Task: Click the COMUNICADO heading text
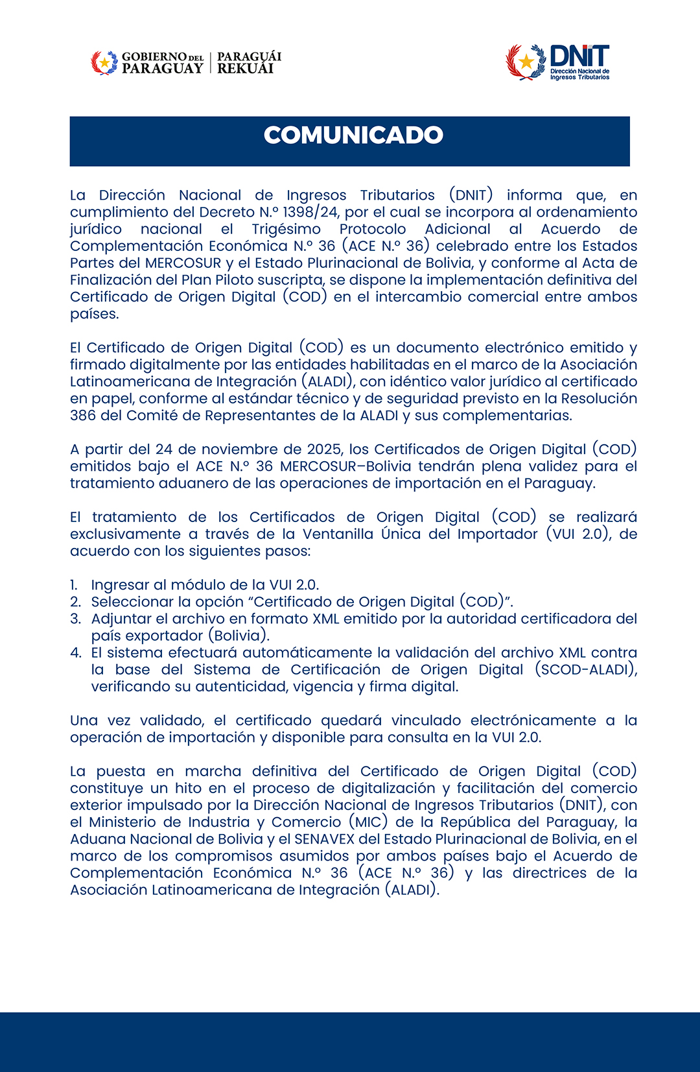point(353,135)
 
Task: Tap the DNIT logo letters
point(579,55)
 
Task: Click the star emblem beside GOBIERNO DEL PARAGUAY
point(104,63)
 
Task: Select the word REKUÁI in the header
point(245,69)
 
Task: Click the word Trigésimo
point(286,229)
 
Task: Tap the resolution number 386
point(82,415)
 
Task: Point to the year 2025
point(325,449)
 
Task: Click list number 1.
point(74,585)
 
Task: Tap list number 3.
point(75,619)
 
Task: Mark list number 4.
point(75,652)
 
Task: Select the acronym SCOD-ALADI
point(585,669)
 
